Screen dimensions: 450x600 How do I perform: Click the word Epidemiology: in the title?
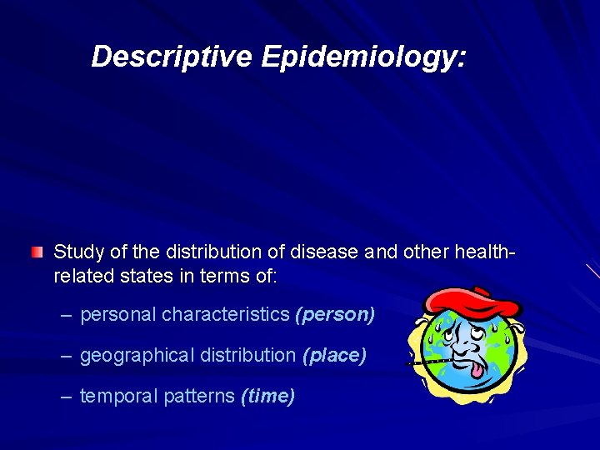tap(364, 57)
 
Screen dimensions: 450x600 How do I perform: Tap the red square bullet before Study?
tap(37, 252)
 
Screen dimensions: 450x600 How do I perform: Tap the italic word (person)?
tap(335, 314)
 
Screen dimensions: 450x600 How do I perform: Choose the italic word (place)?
tap(334, 355)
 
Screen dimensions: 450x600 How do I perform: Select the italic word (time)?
tap(267, 396)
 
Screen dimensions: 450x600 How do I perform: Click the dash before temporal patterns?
tap(67, 396)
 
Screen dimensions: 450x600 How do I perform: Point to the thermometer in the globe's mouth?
tap(429, 361)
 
